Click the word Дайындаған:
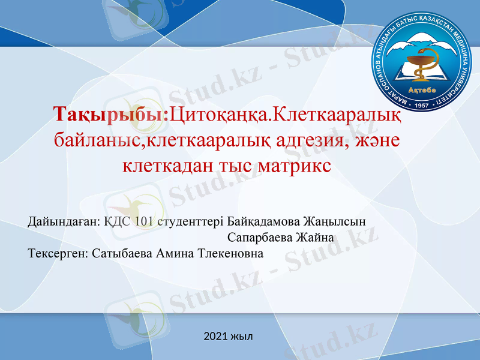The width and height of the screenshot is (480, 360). click(63, 221)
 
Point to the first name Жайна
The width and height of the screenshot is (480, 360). click(316, 238)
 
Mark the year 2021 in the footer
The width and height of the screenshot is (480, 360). click(216, 336)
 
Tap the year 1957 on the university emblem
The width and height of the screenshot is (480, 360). click(424, 104)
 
